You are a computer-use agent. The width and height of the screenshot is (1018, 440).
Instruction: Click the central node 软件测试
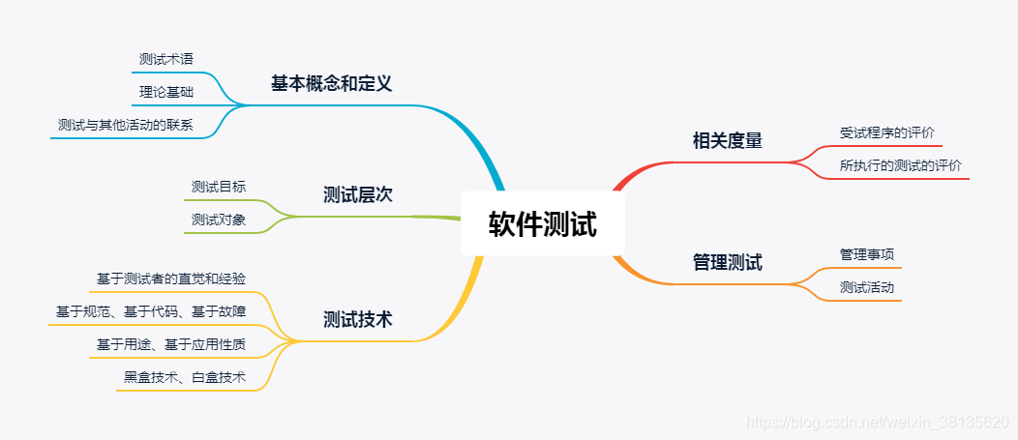coord(542,224)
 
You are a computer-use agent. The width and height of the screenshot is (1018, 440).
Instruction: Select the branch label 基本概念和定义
coord(331,84)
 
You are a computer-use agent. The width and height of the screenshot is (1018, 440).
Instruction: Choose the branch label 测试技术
coord(357,319)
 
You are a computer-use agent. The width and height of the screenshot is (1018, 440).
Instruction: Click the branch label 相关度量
coord(728,141)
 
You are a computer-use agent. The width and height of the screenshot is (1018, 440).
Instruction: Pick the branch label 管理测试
coord(728,262)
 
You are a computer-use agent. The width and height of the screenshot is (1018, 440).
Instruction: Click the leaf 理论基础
coord(166,92)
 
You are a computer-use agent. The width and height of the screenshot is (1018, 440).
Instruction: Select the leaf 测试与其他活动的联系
coord(126,125)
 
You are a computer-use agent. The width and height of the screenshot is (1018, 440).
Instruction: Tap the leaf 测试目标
coord(219,187)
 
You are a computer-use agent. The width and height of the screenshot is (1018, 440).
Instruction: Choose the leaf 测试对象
coord(219,220)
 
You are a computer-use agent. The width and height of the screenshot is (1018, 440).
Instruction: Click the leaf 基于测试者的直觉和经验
coord(171,279)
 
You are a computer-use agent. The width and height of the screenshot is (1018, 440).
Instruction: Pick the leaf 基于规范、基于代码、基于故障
coord(151,311)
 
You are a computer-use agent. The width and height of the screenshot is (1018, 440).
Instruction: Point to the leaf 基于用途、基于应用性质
coord(171,344)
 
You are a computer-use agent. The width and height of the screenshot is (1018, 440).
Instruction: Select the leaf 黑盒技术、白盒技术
coord(185,377)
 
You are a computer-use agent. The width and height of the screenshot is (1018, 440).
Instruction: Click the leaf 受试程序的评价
coord(887,132)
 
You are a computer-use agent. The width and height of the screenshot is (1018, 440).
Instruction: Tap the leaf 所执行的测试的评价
coord(901,165)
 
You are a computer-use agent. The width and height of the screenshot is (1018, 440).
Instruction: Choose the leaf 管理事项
coord(867,254)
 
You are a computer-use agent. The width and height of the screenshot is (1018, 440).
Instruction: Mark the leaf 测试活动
coord(867,287)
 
